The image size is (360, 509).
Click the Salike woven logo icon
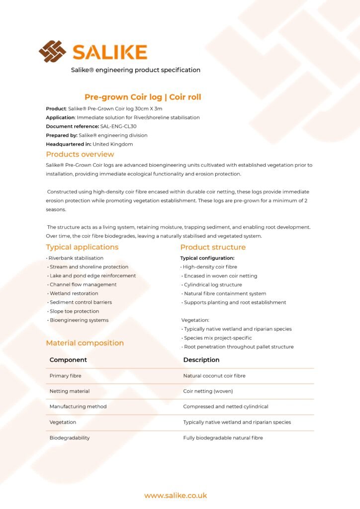(52, 52)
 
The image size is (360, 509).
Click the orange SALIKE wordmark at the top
(109, 52)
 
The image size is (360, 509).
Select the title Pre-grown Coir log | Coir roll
(143, 97)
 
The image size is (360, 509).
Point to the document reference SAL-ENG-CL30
(118, 126)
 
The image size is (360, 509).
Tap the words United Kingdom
(113, 144)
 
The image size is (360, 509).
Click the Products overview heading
(80, 154)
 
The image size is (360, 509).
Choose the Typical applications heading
(82, 247)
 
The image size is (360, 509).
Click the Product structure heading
(213, 247)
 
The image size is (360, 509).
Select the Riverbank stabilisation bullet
(76, 258)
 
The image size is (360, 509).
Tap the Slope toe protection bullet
(74, 311)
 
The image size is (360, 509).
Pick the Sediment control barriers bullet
(81, 302)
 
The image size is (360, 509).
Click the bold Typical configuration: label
(207, 258)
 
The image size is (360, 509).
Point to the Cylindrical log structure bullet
(213, 285)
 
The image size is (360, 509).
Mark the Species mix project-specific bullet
(218, 338)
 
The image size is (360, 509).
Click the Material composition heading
(85, 343)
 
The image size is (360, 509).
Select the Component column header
(68, 360)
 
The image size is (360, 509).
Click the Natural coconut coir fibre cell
(214, 376)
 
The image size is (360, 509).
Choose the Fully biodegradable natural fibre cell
(223, 438)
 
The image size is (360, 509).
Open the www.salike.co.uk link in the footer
(176, 496)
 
